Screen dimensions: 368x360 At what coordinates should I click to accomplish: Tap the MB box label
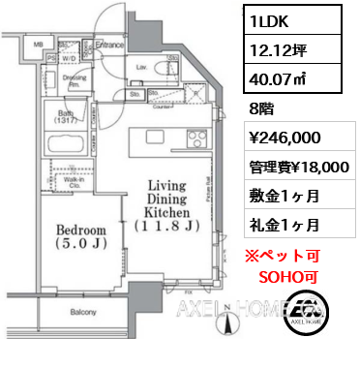pos(38,45)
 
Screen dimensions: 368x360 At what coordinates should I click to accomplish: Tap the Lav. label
pos(141,67)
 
